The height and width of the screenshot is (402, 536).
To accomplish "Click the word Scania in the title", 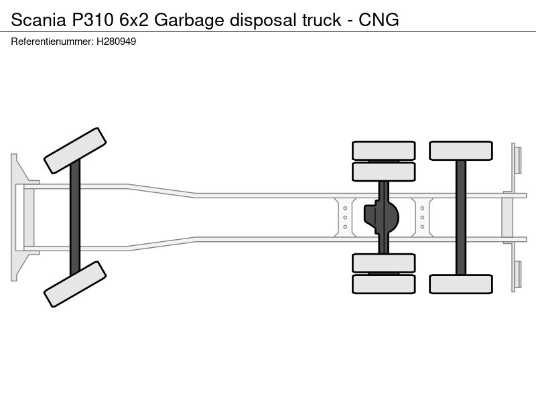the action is point(38,20).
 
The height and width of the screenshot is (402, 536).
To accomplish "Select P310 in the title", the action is point(92,20).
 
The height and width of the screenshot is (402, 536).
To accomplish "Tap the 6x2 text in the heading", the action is point(133,20).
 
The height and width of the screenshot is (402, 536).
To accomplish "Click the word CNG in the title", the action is point(379,20).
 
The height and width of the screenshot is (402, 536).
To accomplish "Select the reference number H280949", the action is point(116,42).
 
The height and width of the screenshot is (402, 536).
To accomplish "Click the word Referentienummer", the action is point(52,42).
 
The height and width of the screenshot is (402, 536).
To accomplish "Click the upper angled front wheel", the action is point(75,151).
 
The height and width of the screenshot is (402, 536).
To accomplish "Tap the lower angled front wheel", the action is point(75,284).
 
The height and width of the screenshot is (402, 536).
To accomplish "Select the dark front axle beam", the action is point(75,217).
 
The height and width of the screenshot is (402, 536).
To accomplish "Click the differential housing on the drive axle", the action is point(381,217).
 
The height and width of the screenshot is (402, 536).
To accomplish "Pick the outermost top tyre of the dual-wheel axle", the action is point(383,151).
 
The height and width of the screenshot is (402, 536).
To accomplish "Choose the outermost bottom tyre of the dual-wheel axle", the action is point(383,284).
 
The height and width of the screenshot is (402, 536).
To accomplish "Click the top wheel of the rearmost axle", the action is point(461,151).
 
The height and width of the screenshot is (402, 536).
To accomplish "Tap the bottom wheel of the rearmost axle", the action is point(461,284).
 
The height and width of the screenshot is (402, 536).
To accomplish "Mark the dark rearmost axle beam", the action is point(461,217).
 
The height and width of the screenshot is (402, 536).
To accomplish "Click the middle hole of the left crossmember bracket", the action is point(345,217).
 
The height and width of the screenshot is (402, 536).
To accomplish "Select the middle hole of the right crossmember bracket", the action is point(422,217).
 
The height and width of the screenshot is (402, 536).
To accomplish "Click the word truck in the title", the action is point(322,20).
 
